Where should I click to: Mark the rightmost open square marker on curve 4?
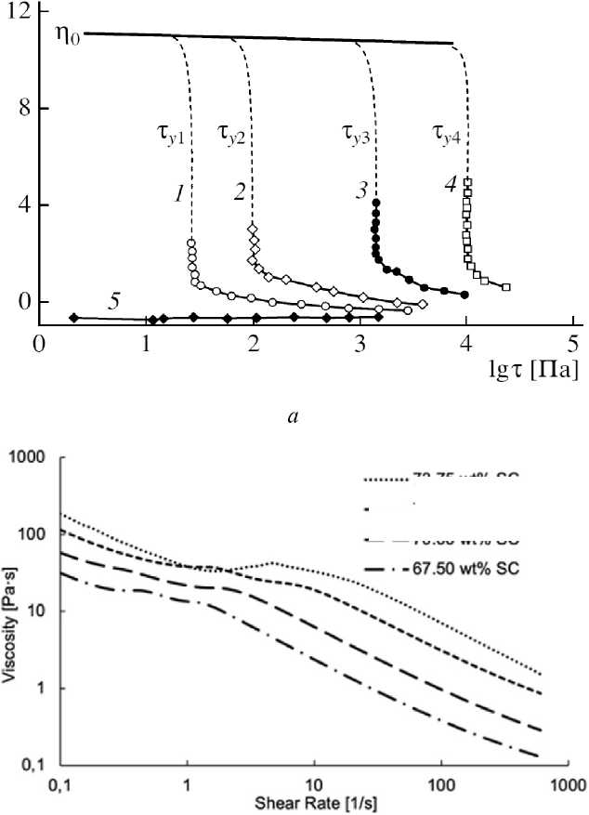[506, 287]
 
